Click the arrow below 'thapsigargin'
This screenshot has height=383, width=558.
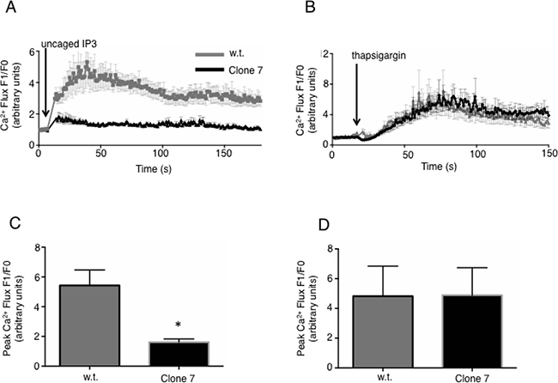[356, 112]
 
